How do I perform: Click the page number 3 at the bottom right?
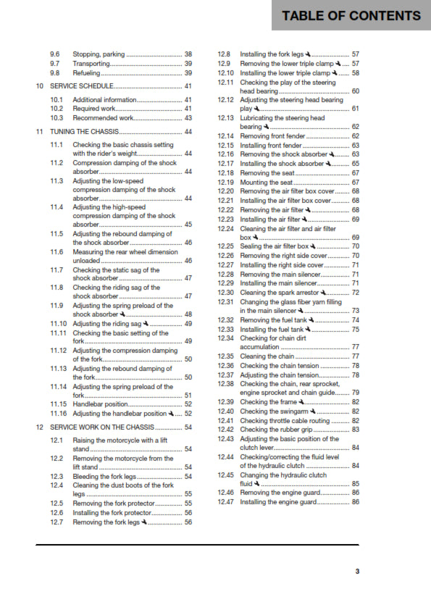[357, 572]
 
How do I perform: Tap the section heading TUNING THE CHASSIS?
[85, 132]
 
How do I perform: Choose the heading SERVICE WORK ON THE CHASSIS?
[101, 427]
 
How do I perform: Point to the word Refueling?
[86, 73]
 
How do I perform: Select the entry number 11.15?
[59, 404]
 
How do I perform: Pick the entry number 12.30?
[225, 293]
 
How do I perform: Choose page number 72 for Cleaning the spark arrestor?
[356, 293]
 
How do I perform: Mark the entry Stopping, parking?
[99, 54]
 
